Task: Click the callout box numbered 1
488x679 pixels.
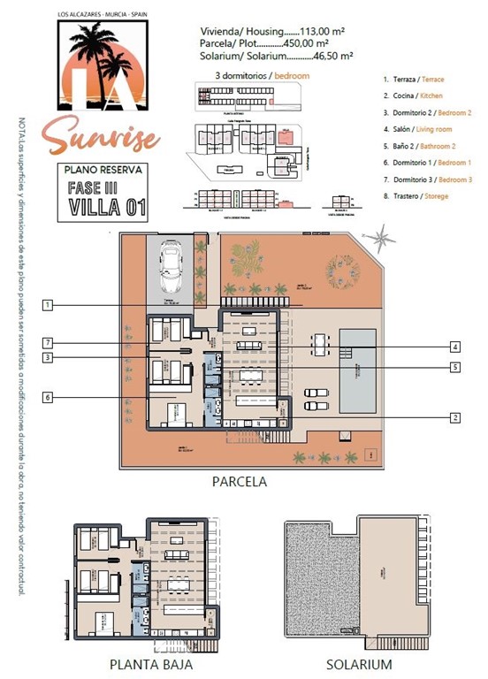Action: click(x=48, y=305)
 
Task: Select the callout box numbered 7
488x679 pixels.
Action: click(x=48, y=342)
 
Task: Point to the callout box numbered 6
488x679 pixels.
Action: click(x=48, y=398)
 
